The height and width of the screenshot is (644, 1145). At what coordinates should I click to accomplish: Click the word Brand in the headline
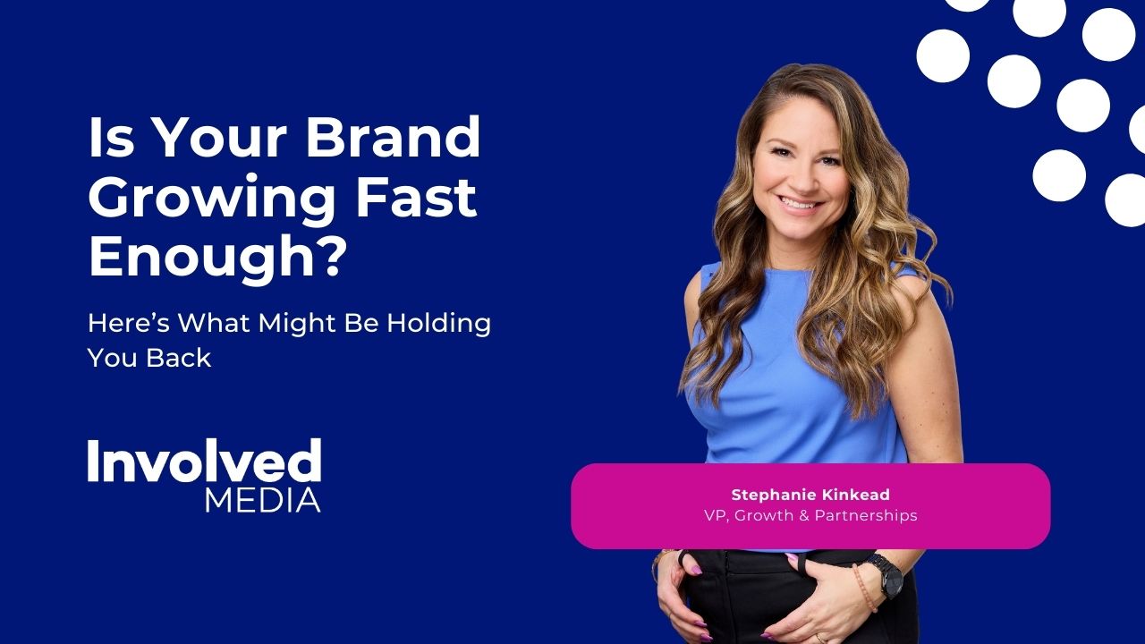point(393,137)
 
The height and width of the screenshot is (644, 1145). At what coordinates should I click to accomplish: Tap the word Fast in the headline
point(416,197)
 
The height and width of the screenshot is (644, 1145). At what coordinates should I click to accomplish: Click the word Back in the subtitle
point(178,357)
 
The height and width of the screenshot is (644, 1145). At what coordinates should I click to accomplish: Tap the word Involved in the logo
point(205,460)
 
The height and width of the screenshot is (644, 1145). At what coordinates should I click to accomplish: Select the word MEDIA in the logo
point(263,500)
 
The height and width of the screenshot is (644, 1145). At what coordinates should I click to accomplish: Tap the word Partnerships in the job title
point(866,516)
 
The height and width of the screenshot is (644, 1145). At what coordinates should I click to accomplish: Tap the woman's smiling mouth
point(799,205)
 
